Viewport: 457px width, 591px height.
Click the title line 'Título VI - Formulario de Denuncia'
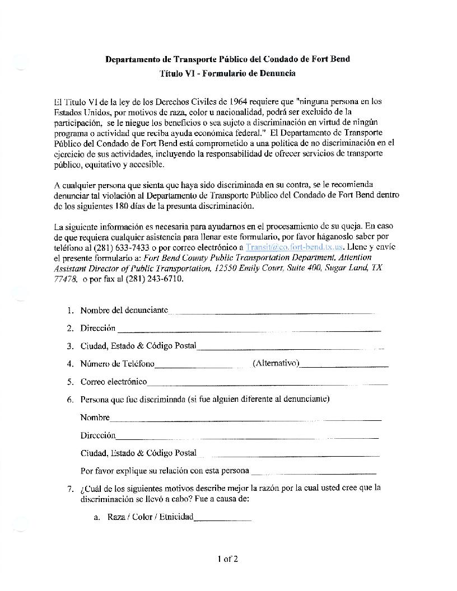coord(228,73)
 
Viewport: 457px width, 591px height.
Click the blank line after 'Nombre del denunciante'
coord(271,312)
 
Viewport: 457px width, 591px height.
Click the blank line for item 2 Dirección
coord(249,330)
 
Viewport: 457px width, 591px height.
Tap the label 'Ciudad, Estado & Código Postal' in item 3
coord(138,346)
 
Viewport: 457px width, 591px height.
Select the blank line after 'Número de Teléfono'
coord(194,366)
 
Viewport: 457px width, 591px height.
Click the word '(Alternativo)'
coord(276,364)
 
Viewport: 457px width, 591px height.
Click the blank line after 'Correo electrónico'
coord(267,383)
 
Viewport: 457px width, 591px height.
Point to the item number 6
coord(69,400)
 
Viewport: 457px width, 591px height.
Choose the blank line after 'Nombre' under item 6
coord(245,419)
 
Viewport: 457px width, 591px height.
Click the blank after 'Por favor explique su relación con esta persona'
coord(313,472)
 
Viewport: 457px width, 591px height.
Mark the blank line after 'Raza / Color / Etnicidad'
coord(222,519)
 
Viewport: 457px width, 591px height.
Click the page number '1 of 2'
coord(228,558)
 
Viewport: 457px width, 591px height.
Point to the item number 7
coord(69,488)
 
